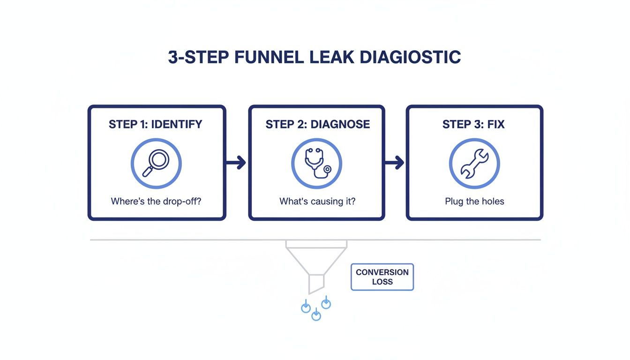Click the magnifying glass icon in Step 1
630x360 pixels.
(x=156, y=163)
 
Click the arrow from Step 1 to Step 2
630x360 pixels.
(x=236, y=163)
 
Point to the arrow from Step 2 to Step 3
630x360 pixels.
(x=394, y=163)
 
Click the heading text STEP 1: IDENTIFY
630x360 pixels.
(x=156, y=124)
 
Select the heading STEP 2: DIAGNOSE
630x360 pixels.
(x=317, y=124)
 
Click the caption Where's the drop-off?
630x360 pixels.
(x=156, y=202)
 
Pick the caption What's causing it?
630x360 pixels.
(x=317, y=202)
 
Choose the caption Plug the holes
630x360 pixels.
(x=474, y=202)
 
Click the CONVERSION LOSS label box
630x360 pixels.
(x=382, y=277)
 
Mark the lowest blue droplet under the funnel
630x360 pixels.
(x=316, y=315)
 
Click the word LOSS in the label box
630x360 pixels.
(x=382, y=282)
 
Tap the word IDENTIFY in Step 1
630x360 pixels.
(x=176, y=124)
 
